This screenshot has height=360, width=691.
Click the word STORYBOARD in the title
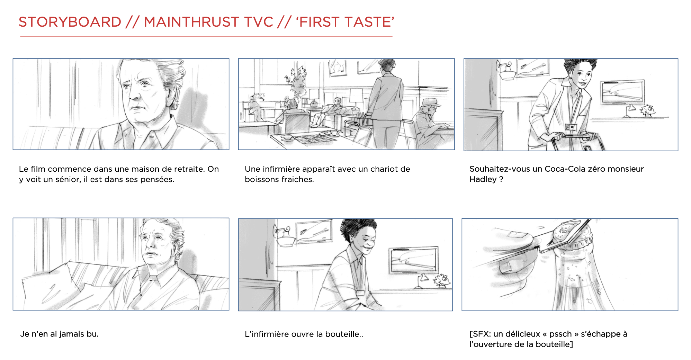point(70,22)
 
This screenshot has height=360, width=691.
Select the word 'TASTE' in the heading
point(370,22)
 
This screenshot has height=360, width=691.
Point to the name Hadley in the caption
point(483,179)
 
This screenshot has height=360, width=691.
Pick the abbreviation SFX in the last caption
point(481,334)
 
